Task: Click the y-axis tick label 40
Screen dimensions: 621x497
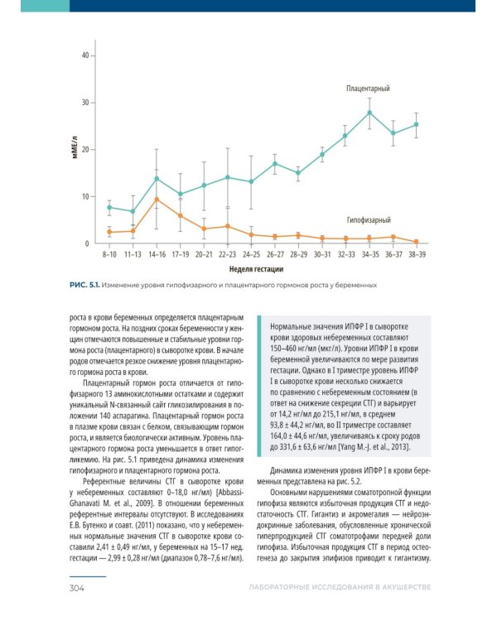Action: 84,55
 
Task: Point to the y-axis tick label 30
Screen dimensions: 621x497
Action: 84,103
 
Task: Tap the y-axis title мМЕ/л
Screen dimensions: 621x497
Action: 73,150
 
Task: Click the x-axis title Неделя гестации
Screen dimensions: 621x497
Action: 257,269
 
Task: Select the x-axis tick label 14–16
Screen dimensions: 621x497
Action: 156,254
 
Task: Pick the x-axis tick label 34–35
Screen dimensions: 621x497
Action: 369,254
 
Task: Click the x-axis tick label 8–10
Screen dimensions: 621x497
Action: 109,254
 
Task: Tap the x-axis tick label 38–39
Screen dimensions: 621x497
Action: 417,254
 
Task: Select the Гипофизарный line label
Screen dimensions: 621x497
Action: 369,220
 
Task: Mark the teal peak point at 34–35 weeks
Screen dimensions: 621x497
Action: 369,113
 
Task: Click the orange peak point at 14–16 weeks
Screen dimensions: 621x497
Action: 156,200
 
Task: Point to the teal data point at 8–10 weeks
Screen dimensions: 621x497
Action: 109,208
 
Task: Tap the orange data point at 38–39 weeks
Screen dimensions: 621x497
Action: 417,242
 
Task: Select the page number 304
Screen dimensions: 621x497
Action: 80,588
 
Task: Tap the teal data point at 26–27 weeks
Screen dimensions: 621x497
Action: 274,163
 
